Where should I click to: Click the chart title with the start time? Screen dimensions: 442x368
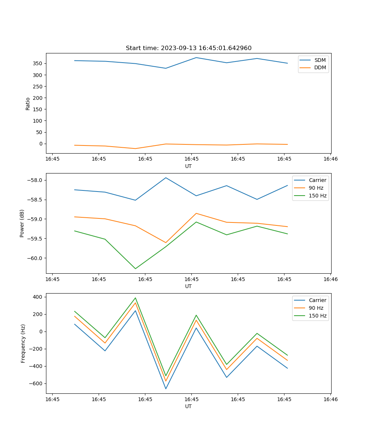click(x=188, y=48)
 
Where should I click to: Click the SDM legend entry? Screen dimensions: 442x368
click(x=320, y=60)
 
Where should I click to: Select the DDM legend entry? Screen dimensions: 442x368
click(x=320, y=68)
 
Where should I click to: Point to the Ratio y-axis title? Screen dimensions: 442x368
click(x=28, y=104)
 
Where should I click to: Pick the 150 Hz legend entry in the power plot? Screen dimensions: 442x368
click(x=318, y=196)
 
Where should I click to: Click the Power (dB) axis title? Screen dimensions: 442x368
click(x=22, y=223)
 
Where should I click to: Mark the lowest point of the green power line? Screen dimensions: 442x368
click(x=135, y=269)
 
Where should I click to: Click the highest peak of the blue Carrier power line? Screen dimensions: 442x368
click(x=166, y=178)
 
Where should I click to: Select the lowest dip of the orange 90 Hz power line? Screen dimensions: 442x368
click(x=166, y=243)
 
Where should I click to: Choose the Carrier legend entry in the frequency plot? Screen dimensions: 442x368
click(x=317, y=300)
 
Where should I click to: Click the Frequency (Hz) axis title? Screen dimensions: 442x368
click(x=23, y=343)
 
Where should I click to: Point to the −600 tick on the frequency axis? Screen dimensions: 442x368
click(x=37, y=383)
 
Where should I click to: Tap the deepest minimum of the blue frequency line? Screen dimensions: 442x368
click(x=166, y=389)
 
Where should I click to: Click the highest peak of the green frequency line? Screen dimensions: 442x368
click(x=135, y=298)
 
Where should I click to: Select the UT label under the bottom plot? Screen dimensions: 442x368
click(x=188, y=406)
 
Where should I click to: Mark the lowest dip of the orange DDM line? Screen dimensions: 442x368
click(x=135, y=148)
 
